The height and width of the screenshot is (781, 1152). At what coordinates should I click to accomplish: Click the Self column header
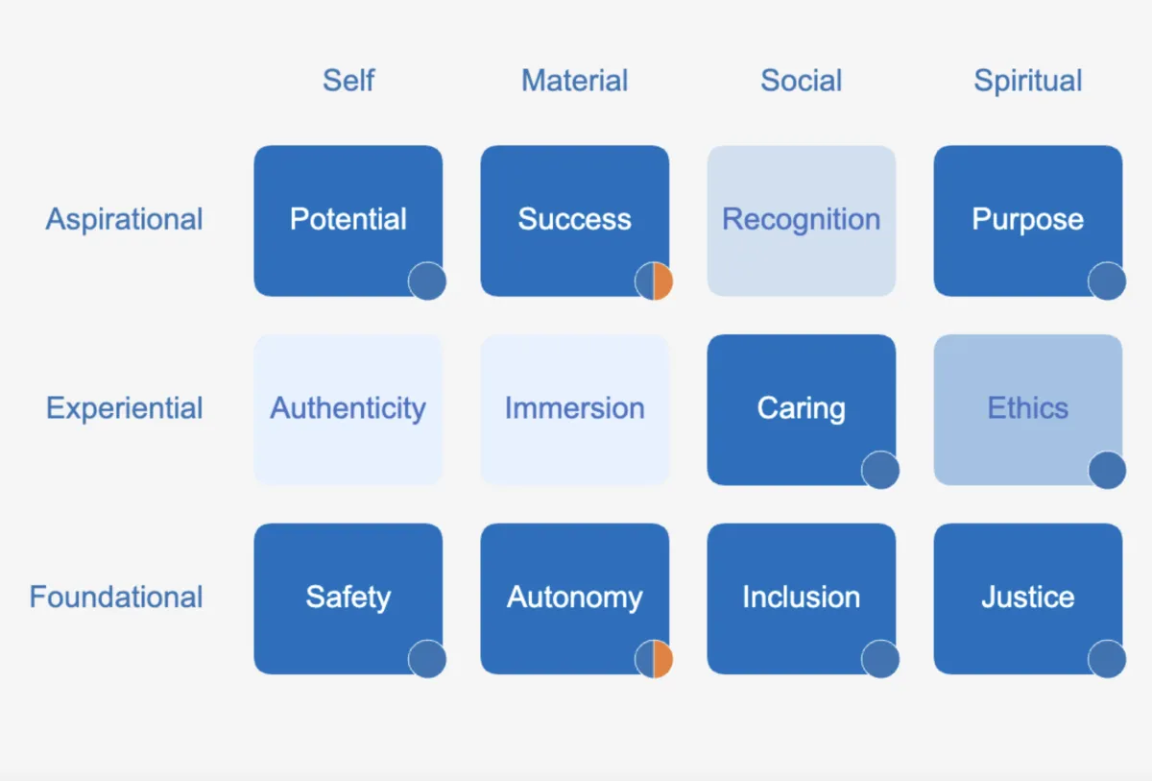[x=348, y=81]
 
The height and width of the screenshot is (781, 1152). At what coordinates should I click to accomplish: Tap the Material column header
[x=574, y=81]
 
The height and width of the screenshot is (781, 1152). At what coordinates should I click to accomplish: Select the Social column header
[x=801, y=81]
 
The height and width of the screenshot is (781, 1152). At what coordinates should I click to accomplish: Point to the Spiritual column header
[x=1027, y=81]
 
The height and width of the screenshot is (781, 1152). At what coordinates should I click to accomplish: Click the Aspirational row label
[x=125, y=219]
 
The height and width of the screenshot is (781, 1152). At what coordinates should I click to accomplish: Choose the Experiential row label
[x=125, y=408]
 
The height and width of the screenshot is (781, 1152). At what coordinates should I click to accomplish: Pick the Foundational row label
[x=116, y=597]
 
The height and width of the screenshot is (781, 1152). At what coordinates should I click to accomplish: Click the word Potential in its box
[x=348, y=219]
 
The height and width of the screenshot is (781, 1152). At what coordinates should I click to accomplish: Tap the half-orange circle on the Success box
[x=654, y=281]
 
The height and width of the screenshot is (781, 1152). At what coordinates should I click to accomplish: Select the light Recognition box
[x=801, y=220]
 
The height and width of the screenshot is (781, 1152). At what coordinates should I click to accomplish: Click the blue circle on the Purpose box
[x=1107, y=281]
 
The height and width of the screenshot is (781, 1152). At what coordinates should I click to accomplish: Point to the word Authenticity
[x=348, y=408]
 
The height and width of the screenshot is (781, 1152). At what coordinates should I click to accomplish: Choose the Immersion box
[x=574, y=409]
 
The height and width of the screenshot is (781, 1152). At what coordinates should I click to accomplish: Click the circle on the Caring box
[x=880, y=471]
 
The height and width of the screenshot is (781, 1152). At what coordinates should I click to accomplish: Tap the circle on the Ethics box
[x=1107, y=471]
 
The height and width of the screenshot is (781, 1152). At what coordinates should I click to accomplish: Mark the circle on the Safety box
[x=427, y=660]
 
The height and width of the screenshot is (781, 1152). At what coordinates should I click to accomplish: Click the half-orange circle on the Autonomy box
[x=654, y=660]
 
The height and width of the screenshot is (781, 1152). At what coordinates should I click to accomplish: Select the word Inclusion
[x=801, y=597]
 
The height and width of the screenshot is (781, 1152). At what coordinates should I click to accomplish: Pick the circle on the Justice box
[x=1107, y=660]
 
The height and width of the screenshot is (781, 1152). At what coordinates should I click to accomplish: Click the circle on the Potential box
[x=427, y=281]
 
